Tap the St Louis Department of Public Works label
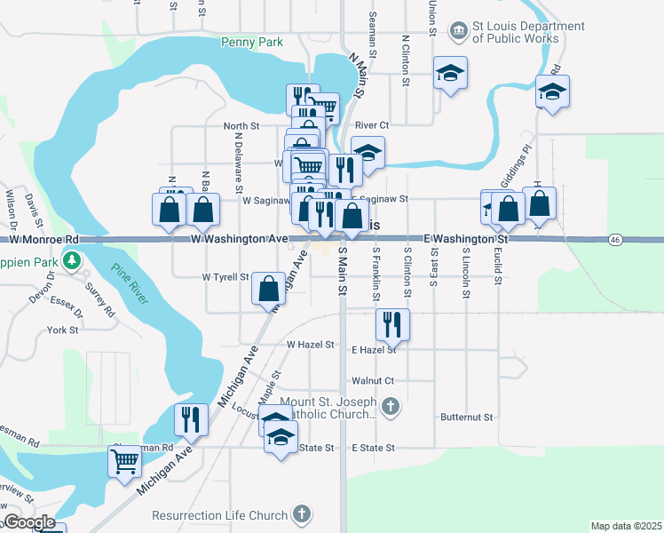pos(516,32)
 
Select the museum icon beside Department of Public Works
pos(459,31)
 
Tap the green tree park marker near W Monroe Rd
pos(72,261)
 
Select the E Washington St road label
pos(465,240)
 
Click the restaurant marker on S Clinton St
pos(391,324)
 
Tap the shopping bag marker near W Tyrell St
pos(268,288)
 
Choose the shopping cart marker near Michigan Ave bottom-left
pos(124,461)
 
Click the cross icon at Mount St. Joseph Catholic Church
pos(391,408)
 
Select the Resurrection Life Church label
pos(219,515)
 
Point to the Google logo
pos(28,522)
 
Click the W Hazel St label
pos(310,345)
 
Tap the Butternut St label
pos(466,417)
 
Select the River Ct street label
pos(372,126)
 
